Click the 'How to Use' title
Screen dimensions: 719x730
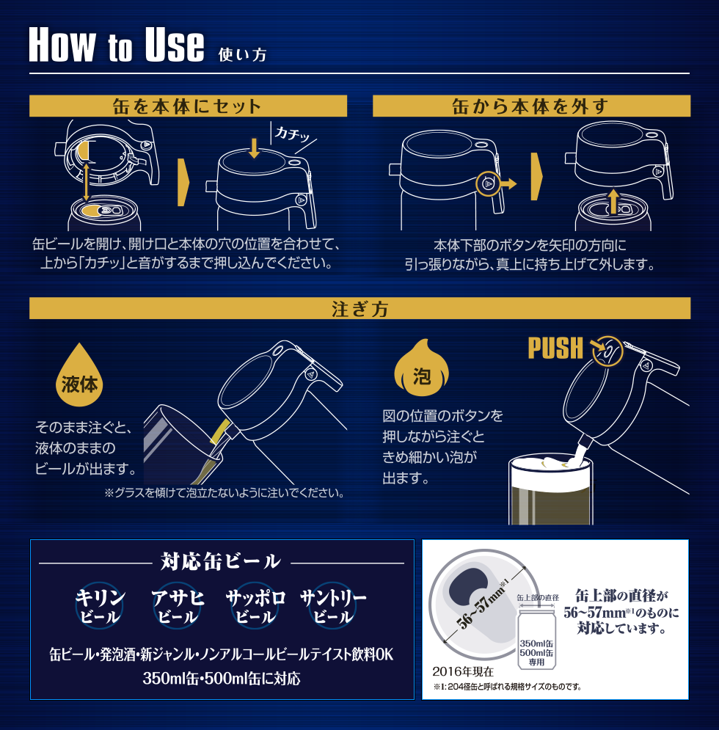tap(117, 45)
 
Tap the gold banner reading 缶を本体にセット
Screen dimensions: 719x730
tap(188, 106)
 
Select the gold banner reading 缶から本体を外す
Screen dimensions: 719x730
tap(531, 106)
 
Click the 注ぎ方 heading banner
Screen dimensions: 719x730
tap(359, 308)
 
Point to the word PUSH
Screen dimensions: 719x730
tap(555, 348)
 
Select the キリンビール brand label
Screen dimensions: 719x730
tap(100, 606)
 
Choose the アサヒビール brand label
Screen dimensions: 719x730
tap(178, 606)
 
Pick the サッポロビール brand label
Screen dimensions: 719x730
tap(255, 606)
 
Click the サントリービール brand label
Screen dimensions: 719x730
tap(333, 606)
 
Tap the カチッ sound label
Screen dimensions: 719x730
tap(292, 134)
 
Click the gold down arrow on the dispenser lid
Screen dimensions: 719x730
tap(255, 147)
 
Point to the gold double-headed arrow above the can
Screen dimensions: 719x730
tap(87, 183)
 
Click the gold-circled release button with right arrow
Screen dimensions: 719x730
tap(495, 183)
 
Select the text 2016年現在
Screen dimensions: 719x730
tap(463, 671)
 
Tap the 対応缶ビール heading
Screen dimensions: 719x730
tap(221, 561)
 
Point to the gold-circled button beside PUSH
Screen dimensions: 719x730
tap(607, 351)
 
